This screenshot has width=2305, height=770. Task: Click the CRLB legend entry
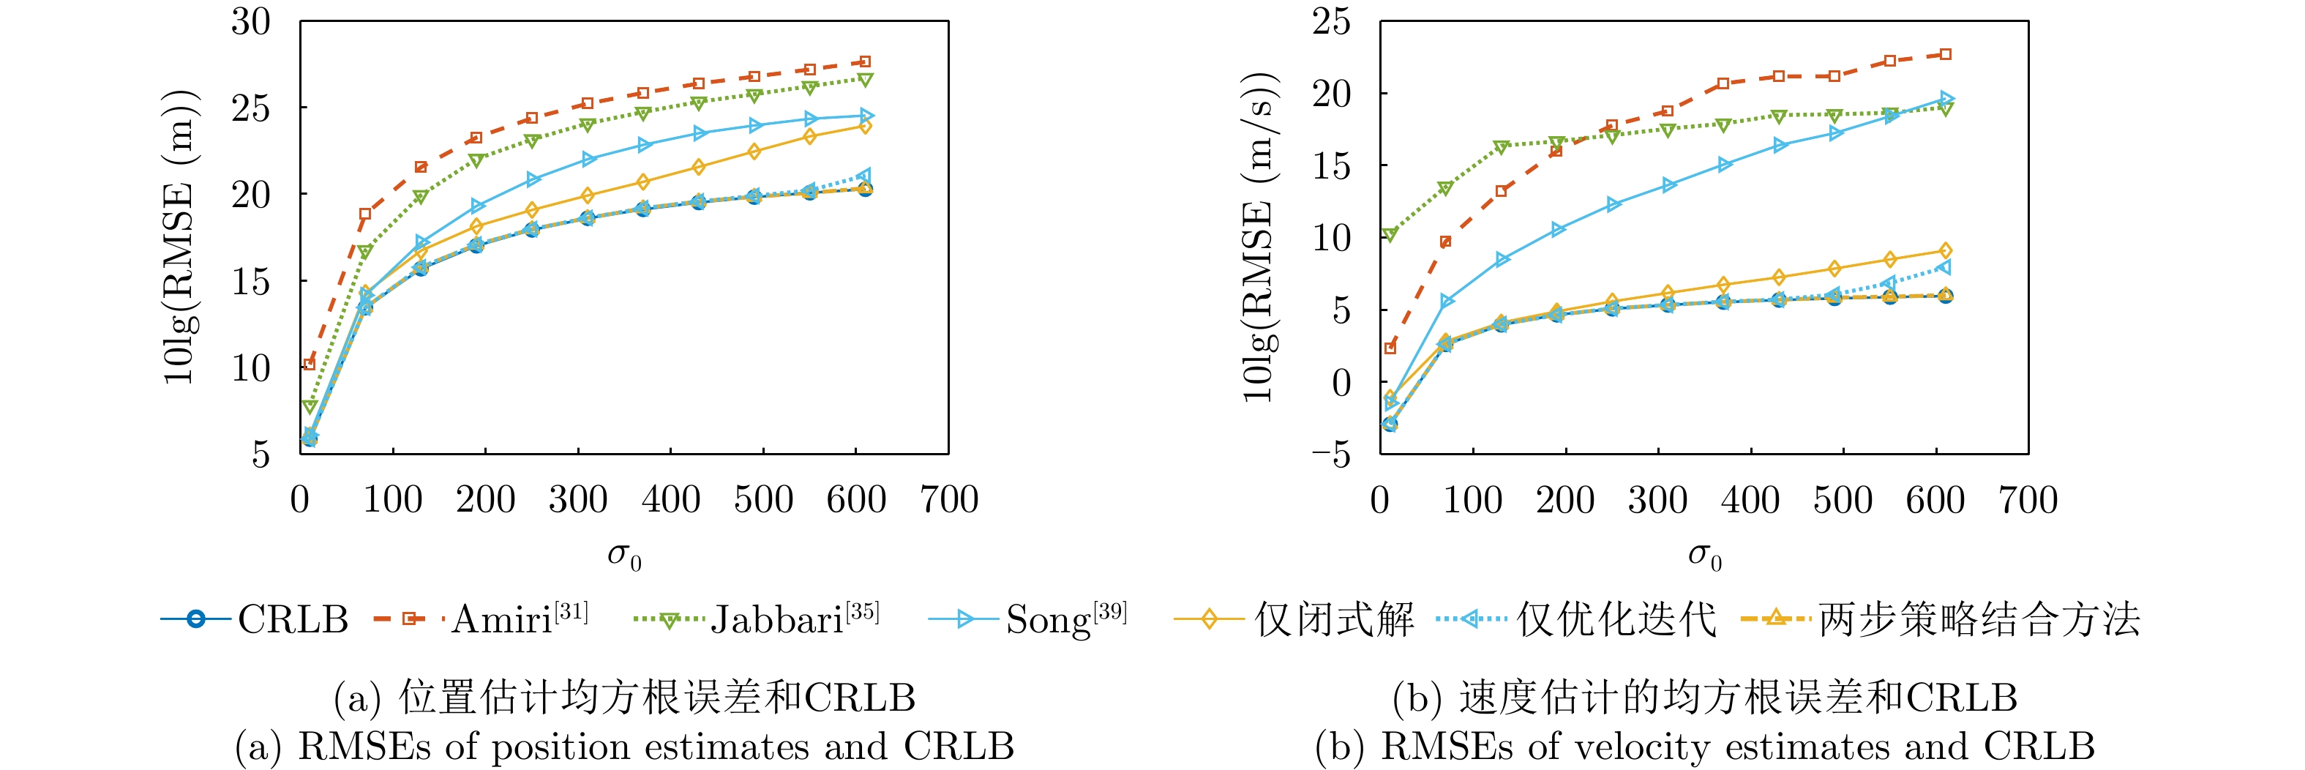point(255,619)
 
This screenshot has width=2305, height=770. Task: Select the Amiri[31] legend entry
point(481,619)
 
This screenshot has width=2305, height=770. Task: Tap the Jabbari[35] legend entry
point(756,619)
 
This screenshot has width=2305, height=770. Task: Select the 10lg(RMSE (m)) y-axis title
point(179,237)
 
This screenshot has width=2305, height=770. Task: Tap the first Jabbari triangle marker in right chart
point(1390,234)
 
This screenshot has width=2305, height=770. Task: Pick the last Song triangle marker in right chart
point(1945,99)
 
